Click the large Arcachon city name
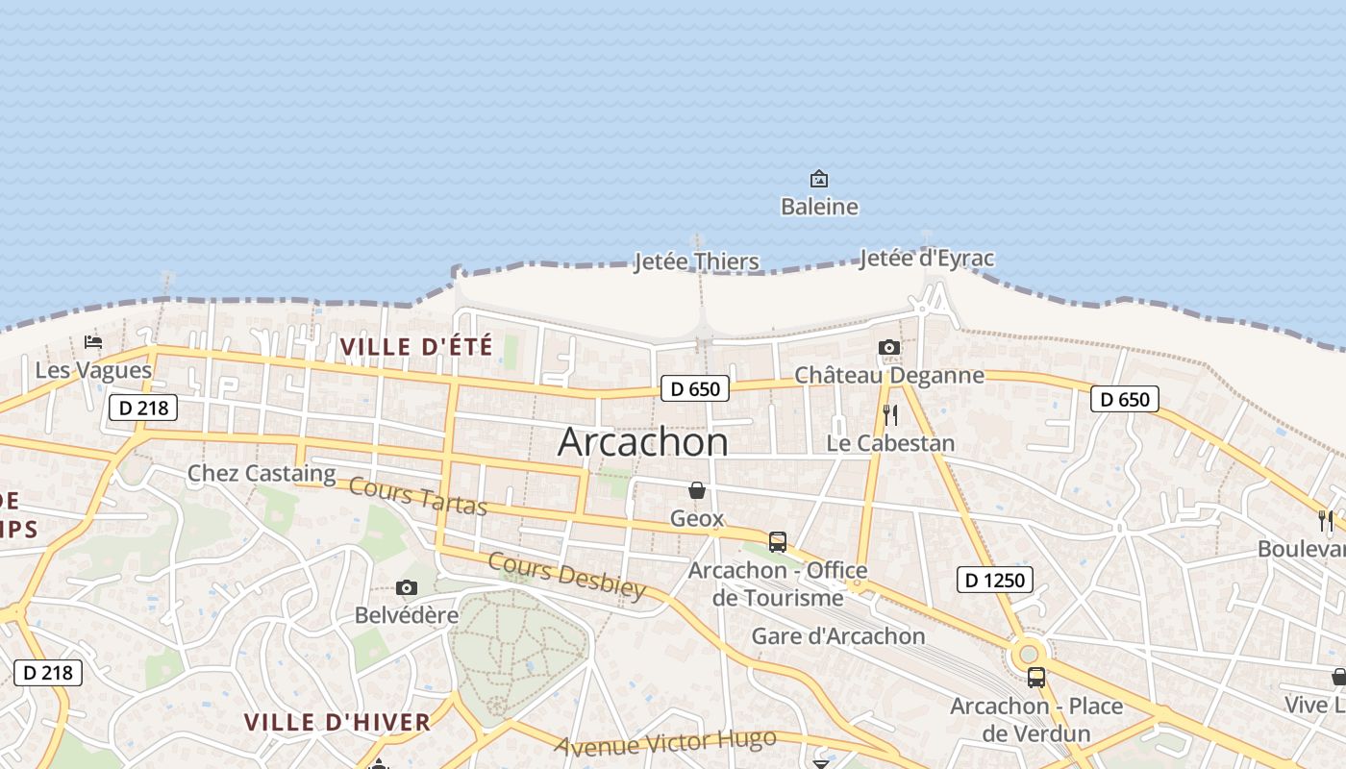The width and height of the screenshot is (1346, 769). click(x=642, y=442)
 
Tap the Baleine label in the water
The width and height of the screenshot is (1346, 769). click(x=819, y=207)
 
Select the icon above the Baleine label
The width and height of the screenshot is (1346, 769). click(x=819, y=179)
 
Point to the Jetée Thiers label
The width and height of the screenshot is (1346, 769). click(x=696, y=261)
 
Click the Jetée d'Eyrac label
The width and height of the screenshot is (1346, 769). click(x=927, y=258)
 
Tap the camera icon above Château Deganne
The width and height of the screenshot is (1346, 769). click(x=889, y=347)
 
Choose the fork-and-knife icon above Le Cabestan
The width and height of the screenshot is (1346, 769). click(x=890, y=414)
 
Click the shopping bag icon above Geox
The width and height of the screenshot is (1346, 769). click(x=697, y=490)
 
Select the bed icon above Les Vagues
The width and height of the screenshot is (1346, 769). click(x=93, y=341)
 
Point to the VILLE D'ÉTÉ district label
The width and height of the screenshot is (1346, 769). click(x=416, y=347)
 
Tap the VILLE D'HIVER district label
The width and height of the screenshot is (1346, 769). click(x=336, y=723)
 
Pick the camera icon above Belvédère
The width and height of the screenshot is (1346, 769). click(x=407, y=587)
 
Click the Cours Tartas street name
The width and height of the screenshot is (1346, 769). click(x=418, y=496)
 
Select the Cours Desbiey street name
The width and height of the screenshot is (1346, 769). click(x=566, y=575)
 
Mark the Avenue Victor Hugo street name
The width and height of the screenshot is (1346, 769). click(x=665, y=742)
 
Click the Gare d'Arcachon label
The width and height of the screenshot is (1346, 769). click(x=837, y=636)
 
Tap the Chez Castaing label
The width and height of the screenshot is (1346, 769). click(x=262, y=473)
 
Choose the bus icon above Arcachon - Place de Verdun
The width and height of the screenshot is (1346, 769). click(x=1035, y=677)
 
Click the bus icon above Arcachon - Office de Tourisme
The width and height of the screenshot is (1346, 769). click(x=778, y=541)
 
